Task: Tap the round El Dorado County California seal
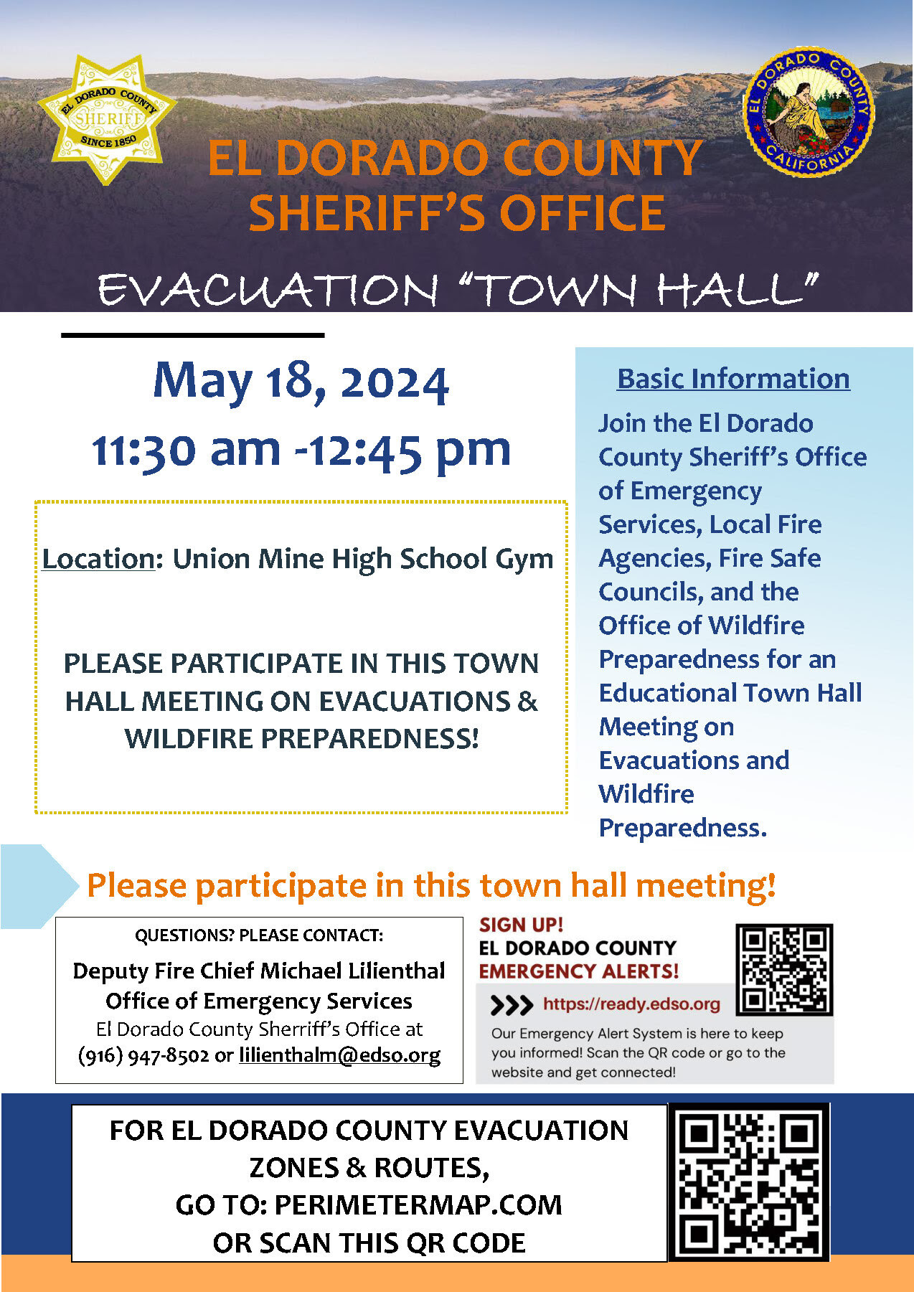click(x=809, y=112)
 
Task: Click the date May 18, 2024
click(x=301, y=382)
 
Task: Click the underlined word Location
click(x=98, y=559)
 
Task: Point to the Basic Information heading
click(x=733, y=379)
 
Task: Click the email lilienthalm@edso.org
click(x=339, y=1055)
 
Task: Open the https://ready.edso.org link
click(x=631, y=1004)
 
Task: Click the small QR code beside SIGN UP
click(x=784, y=969)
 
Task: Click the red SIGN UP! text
click(x=522, y=925)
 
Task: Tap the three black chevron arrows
click(x=512, y=1005)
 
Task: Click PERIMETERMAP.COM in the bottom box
click(x=418, y=1205)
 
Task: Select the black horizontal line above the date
click(x=193, y=335)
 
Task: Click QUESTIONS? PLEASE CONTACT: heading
click(x=259, y=935)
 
